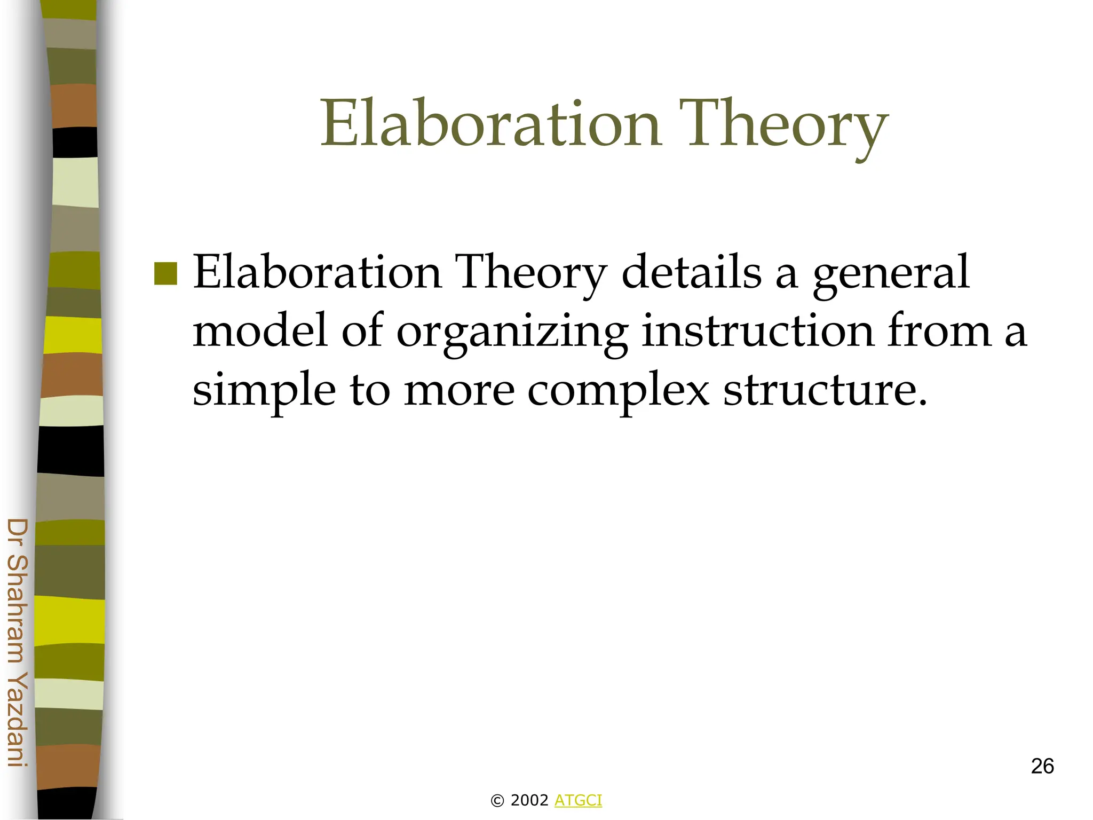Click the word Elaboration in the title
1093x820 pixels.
(490, 124)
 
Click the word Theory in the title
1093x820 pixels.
(783, 126)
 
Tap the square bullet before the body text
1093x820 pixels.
(165, 273)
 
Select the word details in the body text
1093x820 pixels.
(692, 272)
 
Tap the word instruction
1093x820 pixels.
(757, 331)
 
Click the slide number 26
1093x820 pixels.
(1042, 766)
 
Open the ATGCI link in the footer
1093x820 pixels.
(578, 800)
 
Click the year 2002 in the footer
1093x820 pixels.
(529, 800)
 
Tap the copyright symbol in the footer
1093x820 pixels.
(497, 801)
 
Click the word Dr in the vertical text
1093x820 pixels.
(18, 533)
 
